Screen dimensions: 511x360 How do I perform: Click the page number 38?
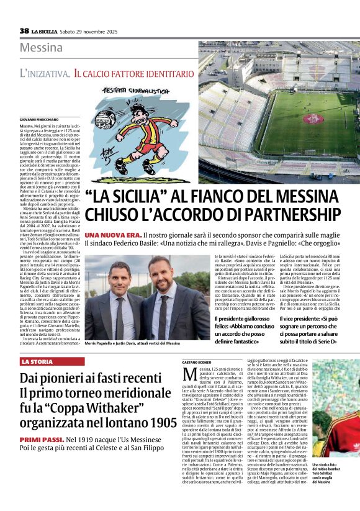point(24,30)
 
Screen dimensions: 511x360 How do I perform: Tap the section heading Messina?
point(41,48)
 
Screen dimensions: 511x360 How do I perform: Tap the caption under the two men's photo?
point(132,343)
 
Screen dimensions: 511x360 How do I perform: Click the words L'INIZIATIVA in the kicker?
point(45,73)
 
